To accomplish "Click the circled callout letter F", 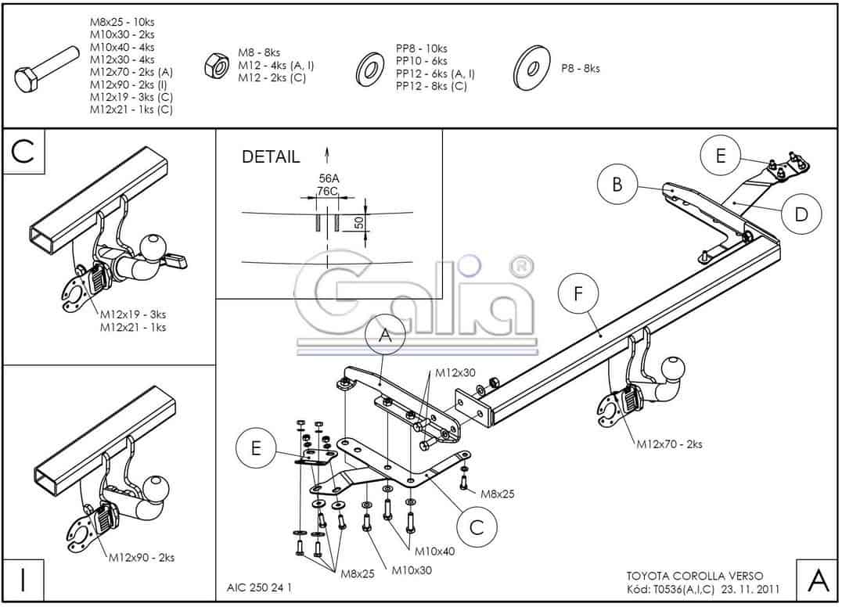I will pyautogui.click(x=578, y=295).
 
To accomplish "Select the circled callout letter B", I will pyautogui.click(x=617, y=185).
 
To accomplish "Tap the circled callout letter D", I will pyautogui.click(x=801, y=214).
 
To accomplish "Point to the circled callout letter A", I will pyautogui.click(x=384, y=336).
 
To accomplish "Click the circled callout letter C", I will pyautogui.click(x=476, y=526).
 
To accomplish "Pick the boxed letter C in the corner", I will pyautogui.click(x=23, y=152).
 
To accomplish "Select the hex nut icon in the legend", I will pyautogui.click(x=214, y=65).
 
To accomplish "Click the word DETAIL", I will pyautogui.click(x=270, y=156).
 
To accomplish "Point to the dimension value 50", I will pyautogui.click(x=358, y=222).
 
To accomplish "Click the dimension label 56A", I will pyautogui.click(x=328, y=178).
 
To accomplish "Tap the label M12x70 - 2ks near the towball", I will pyautogui.click(x=669, y=444).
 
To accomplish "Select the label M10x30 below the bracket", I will pyautogui.click(x=412, y=570).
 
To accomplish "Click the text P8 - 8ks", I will pyautogui.click(x=580, y=69).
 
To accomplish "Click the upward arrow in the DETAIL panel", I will pyautogui.click(x=327, y=153).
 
